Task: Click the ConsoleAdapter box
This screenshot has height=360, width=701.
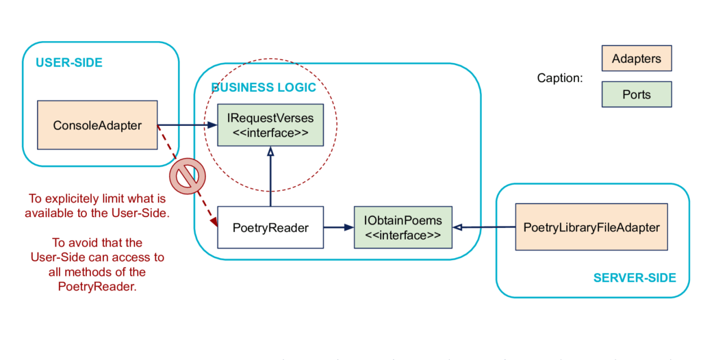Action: click(97, 125)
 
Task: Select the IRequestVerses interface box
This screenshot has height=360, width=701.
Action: click(270, 125)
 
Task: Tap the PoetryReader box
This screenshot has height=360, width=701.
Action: click(270, 227)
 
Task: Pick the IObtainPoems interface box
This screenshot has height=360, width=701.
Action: click(403, 227)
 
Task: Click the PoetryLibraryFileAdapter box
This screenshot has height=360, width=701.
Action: click(591, 227)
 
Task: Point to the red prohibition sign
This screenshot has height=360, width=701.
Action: click(188, 176)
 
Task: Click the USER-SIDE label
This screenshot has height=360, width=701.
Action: click(69, 62)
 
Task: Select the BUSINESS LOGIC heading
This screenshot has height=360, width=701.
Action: click(264, 87)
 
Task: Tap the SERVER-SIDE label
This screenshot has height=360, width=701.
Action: click(635, 278)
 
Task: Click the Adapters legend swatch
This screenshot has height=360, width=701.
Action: click(637, 58)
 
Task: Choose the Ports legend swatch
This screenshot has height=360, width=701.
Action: click(637, 94)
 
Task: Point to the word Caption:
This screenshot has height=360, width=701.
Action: click(560, 78)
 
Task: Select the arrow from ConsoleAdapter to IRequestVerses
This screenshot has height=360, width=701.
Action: click(188, 125)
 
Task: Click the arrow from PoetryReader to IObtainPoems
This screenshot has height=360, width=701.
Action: click(338, 227)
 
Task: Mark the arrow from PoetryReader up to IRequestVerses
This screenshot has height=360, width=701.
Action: click(270, 176)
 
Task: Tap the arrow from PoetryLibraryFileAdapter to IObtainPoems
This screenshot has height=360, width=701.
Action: click(484, 227)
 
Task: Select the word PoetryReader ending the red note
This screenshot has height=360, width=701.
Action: click(97, 286)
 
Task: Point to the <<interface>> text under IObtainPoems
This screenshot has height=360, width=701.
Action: click(403, 235)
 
